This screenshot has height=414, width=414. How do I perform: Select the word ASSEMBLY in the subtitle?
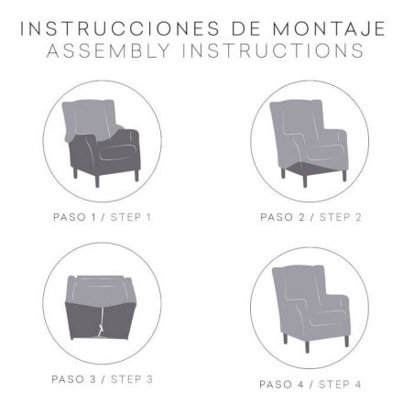coord(105,50)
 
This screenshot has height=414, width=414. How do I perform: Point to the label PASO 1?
coord(76,217)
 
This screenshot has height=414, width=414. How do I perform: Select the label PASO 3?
coord(77,379)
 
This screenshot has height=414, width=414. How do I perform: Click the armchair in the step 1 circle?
coord(103,142)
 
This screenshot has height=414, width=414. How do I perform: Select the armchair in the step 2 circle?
coord(309,137)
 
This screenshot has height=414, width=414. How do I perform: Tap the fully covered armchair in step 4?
coord(309,307)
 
